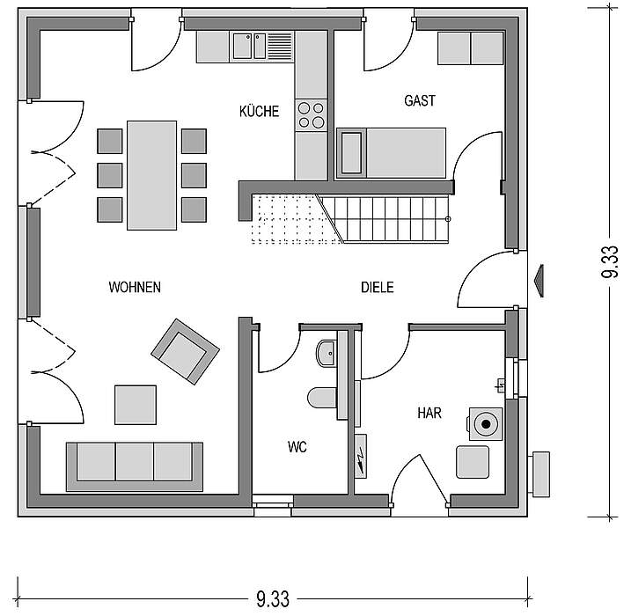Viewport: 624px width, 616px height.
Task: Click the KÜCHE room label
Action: tap(259, 111)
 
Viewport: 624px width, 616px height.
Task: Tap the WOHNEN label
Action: tap(135, 287)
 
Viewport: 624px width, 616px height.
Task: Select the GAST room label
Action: tap(420, 100)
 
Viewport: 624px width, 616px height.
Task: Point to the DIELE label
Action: tap(378, 287)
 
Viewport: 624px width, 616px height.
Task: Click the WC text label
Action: tap(297, 447)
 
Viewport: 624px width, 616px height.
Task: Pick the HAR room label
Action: tap(429, 413)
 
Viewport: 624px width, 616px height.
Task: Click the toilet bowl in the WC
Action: tap(322, 398)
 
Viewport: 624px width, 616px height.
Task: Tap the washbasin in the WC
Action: tap(327, 353)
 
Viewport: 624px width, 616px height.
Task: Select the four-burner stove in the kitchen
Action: tap(311, 114)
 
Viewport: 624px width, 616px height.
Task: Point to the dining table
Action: tap(151, 175)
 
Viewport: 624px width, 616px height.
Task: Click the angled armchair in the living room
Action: tap(185, 351)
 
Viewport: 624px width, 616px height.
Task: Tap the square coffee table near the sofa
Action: tap(136, 405)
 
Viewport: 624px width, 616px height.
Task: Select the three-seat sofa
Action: tap(135, 466)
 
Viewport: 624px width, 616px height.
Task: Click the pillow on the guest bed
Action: tap(351, 153)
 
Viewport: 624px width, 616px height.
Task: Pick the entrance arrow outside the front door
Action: tap(540, 281)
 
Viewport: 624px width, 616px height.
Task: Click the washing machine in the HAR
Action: tap(486, 424)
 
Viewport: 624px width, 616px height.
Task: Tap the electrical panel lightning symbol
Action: tap(361, 456)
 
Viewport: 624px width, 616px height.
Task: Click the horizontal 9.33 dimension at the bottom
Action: tap(273, 598)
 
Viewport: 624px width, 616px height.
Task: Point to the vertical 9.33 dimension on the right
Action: tap(610, 261)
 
